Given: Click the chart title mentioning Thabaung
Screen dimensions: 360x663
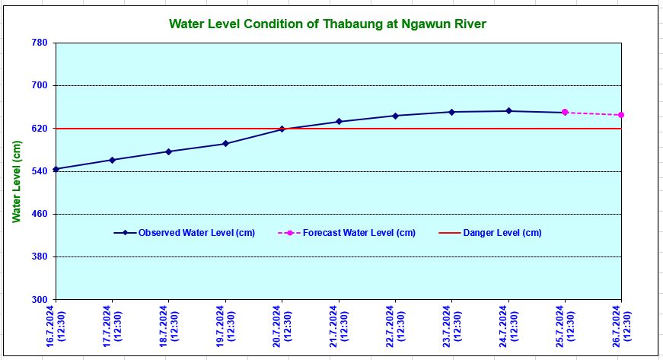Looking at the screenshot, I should coord(327,24).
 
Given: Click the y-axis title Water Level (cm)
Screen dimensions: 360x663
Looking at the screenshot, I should coord(16,183).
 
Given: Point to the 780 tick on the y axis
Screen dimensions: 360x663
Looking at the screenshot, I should coord(40,43).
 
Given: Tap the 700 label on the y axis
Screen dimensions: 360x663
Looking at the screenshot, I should coord(40,86).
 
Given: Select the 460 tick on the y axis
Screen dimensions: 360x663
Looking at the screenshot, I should coord(40,214).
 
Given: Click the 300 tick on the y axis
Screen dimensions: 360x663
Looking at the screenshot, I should coord(40,300).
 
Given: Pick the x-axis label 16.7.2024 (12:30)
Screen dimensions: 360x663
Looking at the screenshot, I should coord(56,328).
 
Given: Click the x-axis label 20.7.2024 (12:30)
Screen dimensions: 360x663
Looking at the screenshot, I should coord(282,328).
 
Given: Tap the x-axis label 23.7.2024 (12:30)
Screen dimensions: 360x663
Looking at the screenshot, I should coord(452,328).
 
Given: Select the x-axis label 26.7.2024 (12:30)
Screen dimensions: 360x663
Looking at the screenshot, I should coord(622,328).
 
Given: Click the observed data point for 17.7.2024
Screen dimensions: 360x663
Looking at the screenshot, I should coord(113,160).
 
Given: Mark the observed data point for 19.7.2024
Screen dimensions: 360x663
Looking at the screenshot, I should coord(225,144).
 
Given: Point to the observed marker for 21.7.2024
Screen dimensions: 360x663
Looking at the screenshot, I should coord(339,122).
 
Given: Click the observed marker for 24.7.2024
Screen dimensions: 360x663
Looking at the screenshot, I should coord(508,111).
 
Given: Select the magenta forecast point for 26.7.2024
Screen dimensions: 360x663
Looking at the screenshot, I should coord(622,115).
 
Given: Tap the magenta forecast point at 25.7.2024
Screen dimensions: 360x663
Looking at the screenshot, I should coord(565,113).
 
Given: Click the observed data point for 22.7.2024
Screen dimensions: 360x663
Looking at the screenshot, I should coord(395,116).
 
